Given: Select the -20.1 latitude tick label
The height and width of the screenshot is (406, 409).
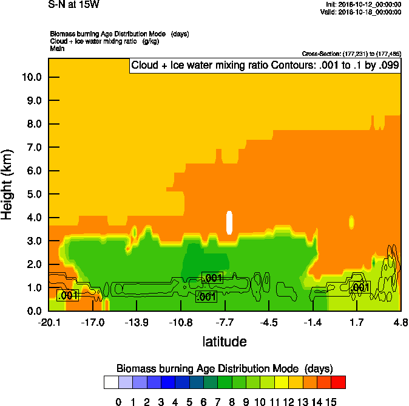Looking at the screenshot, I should [49, 322].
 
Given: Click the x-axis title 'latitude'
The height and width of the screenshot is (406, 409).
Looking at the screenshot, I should [225, 342].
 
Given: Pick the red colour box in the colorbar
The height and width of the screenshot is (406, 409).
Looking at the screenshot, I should [339, 382].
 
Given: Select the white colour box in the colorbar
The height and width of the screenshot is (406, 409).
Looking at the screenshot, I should [110, 382].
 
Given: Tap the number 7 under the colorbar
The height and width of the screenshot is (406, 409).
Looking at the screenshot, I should [217, 402].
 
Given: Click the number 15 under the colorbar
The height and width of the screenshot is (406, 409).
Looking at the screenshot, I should [331, 402].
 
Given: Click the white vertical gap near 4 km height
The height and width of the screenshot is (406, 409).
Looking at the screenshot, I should [229, 222].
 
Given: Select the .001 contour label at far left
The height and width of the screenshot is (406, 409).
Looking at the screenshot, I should [68, 295].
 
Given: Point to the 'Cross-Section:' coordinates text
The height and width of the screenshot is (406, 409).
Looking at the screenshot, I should [350, 54].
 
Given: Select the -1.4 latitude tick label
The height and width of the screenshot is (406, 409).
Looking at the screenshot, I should [313, 322].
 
